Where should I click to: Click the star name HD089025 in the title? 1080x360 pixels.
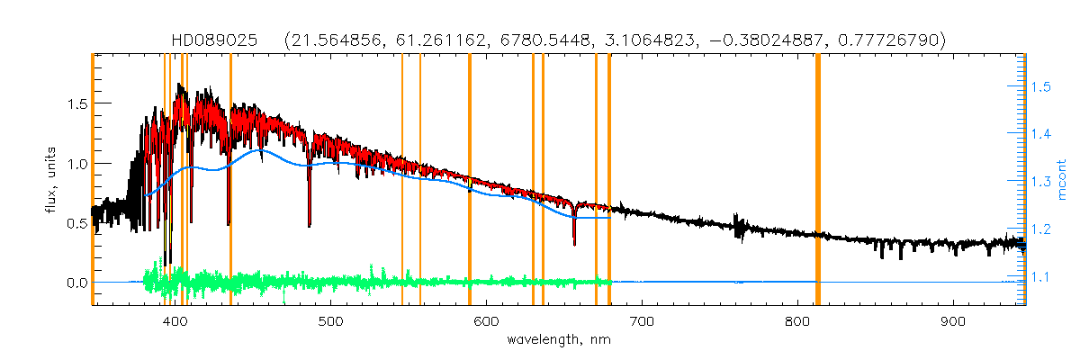pyautogui.click(x=218, y=41)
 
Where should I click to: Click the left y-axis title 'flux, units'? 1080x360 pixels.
pyautogui.click(x=52, y=180)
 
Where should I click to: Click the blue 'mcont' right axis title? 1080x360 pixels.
pyautogui.click(x=1063, y=180)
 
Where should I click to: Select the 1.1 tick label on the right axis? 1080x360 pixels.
pyautogui.click(x=1040, y=277)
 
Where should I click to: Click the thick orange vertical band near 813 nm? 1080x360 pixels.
pyautogui.click(x=817, y=180)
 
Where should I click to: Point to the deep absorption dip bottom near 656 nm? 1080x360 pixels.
pyautogui.click(x=574, y=243)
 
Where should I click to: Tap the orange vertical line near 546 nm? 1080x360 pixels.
pyautogui.click(x=402, y=180)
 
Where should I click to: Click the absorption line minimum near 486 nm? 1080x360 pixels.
pyautogui.click(x=310, y=225)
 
